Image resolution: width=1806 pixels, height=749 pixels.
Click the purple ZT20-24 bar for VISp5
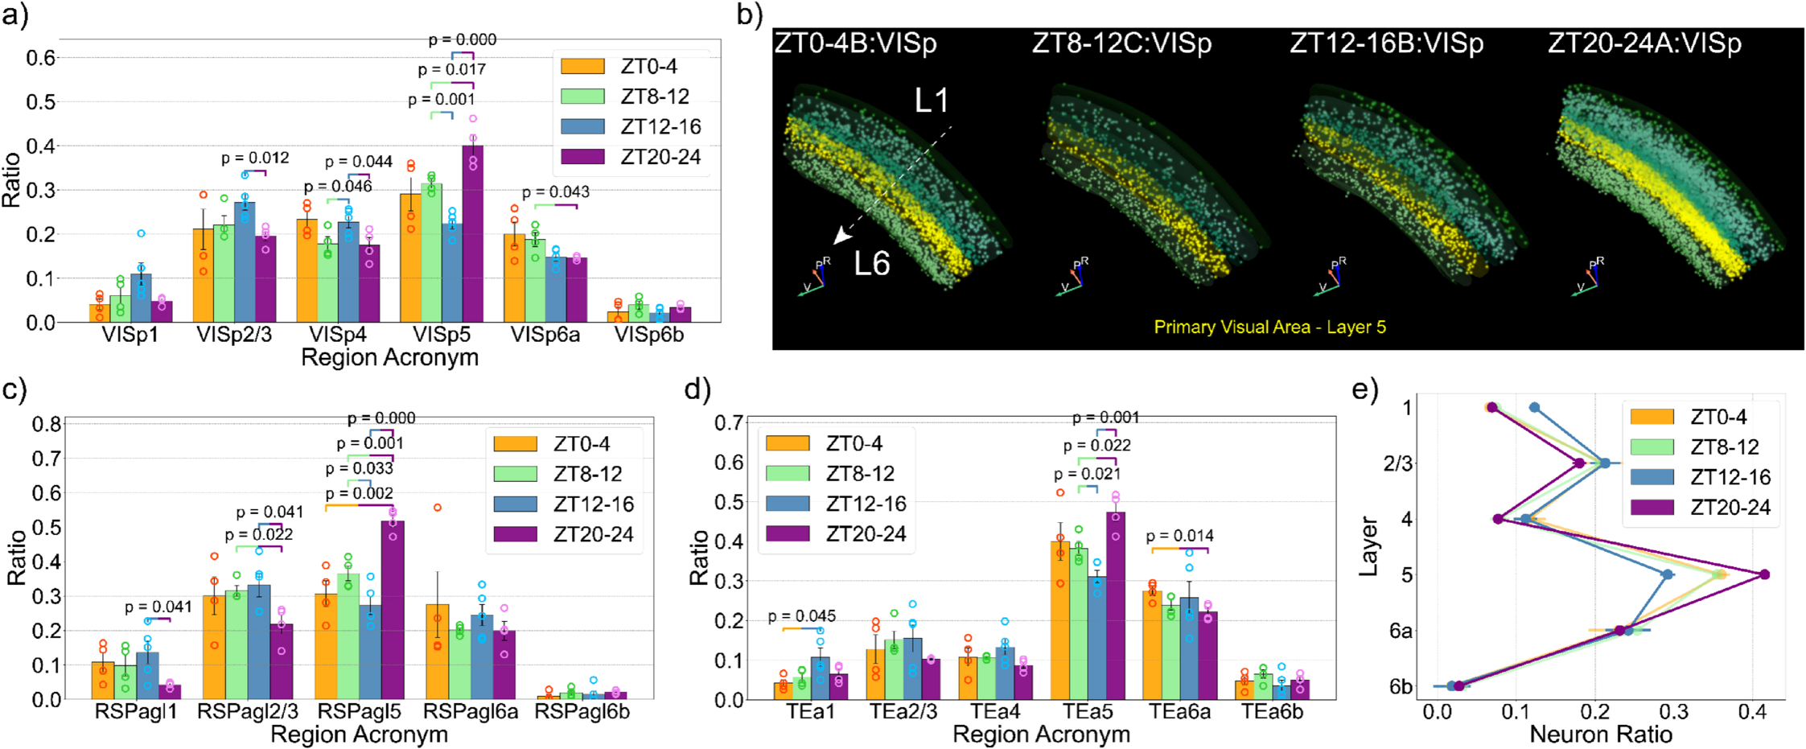tap(472, 241)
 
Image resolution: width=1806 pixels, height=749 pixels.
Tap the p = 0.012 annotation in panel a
tap(255, 158)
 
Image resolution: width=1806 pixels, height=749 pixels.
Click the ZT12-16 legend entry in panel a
tap(631, 126)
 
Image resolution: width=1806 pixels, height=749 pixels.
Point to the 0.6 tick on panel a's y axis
tap(40, 58)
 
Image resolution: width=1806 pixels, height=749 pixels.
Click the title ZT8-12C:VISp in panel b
tap(1121, 43)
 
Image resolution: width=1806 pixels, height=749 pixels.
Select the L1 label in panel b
tap(932, 101)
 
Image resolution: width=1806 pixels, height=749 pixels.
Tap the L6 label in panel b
tap(872, 264)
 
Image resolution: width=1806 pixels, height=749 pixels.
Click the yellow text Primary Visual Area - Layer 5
tap(1269, 327)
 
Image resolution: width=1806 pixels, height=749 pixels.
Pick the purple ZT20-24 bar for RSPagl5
tap(393, 611)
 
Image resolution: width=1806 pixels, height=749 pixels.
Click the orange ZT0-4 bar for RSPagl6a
tap(437, 652)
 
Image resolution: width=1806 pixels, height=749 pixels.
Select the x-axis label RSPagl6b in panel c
tap(582, 712)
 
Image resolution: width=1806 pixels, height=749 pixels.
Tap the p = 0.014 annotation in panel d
tap(1179, 536)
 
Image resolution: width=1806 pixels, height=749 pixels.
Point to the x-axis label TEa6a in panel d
tap(1179, 712)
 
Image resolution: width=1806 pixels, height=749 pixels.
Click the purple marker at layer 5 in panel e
tap(1764, 574)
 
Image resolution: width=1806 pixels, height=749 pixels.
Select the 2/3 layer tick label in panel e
tap(1398, 464)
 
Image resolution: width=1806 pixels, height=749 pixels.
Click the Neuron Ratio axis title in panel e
tap(1601, 735)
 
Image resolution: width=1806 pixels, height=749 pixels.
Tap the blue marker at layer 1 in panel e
tap(1534, 408)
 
